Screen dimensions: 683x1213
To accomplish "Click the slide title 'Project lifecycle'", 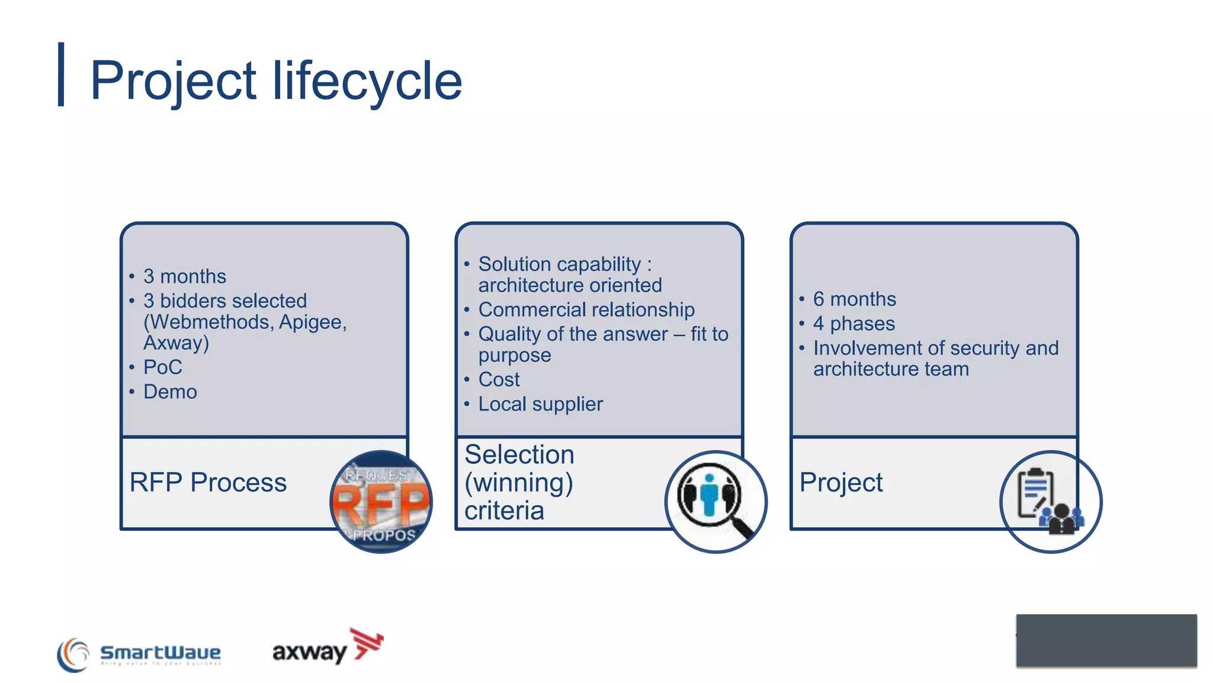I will [x=276, y=81].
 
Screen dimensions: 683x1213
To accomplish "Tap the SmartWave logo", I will [x=139, y=654].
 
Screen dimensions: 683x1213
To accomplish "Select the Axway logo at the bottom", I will [x=328, y=648].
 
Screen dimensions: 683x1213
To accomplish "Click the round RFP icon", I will [x=381, y=502].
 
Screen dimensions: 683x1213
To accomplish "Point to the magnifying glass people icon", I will [x=715, y=502].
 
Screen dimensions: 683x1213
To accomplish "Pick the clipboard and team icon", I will [x=1050, y=502].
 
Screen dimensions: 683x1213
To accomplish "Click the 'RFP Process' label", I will [x=208, y=483].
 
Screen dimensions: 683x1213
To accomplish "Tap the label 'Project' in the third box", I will [x=840, y=483].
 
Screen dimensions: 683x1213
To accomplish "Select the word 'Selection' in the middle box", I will [x=519, y=455].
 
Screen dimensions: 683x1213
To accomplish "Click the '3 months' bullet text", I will [x=185, y=276].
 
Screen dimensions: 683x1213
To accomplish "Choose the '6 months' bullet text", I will [x=854, y=299].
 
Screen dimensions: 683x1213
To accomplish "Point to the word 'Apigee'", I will [x=312, y=322].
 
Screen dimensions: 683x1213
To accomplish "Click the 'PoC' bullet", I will [x=163, y=367].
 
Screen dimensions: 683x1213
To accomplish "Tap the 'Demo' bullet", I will [x=170, y=392].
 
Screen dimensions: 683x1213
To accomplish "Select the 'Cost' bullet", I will [x=499, y=379].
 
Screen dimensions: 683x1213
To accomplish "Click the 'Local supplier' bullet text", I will [x=540, y=404].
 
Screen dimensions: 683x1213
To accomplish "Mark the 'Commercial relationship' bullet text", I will [x=586, y=309].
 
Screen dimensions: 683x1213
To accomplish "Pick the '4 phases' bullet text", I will [x=853, y=324].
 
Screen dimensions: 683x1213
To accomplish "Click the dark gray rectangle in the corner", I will [x=1106, y=640].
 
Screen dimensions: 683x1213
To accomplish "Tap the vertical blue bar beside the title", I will [x=61, y=74].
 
